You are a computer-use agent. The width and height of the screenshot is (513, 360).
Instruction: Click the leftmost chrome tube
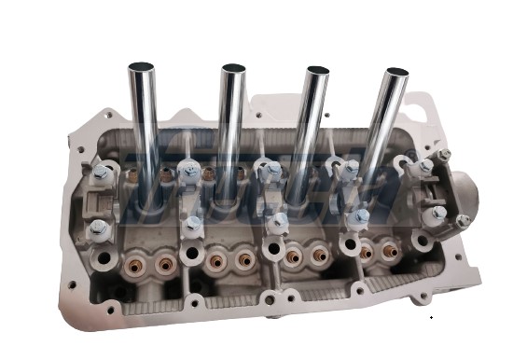pos(143,131)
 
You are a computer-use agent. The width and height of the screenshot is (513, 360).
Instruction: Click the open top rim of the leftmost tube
pos(142,66)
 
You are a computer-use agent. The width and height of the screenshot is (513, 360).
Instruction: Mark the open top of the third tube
pos(317,71)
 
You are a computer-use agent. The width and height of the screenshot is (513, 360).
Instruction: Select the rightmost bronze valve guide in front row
pos(384,252)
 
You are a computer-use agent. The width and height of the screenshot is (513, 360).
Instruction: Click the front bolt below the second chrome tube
pos(193,224)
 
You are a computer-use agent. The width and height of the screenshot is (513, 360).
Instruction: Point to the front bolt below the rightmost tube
pos(360,217)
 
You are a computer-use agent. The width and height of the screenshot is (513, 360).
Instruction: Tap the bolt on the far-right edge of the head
pos(462,221)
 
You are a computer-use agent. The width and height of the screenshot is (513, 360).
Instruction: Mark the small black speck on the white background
pos(431,319)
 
